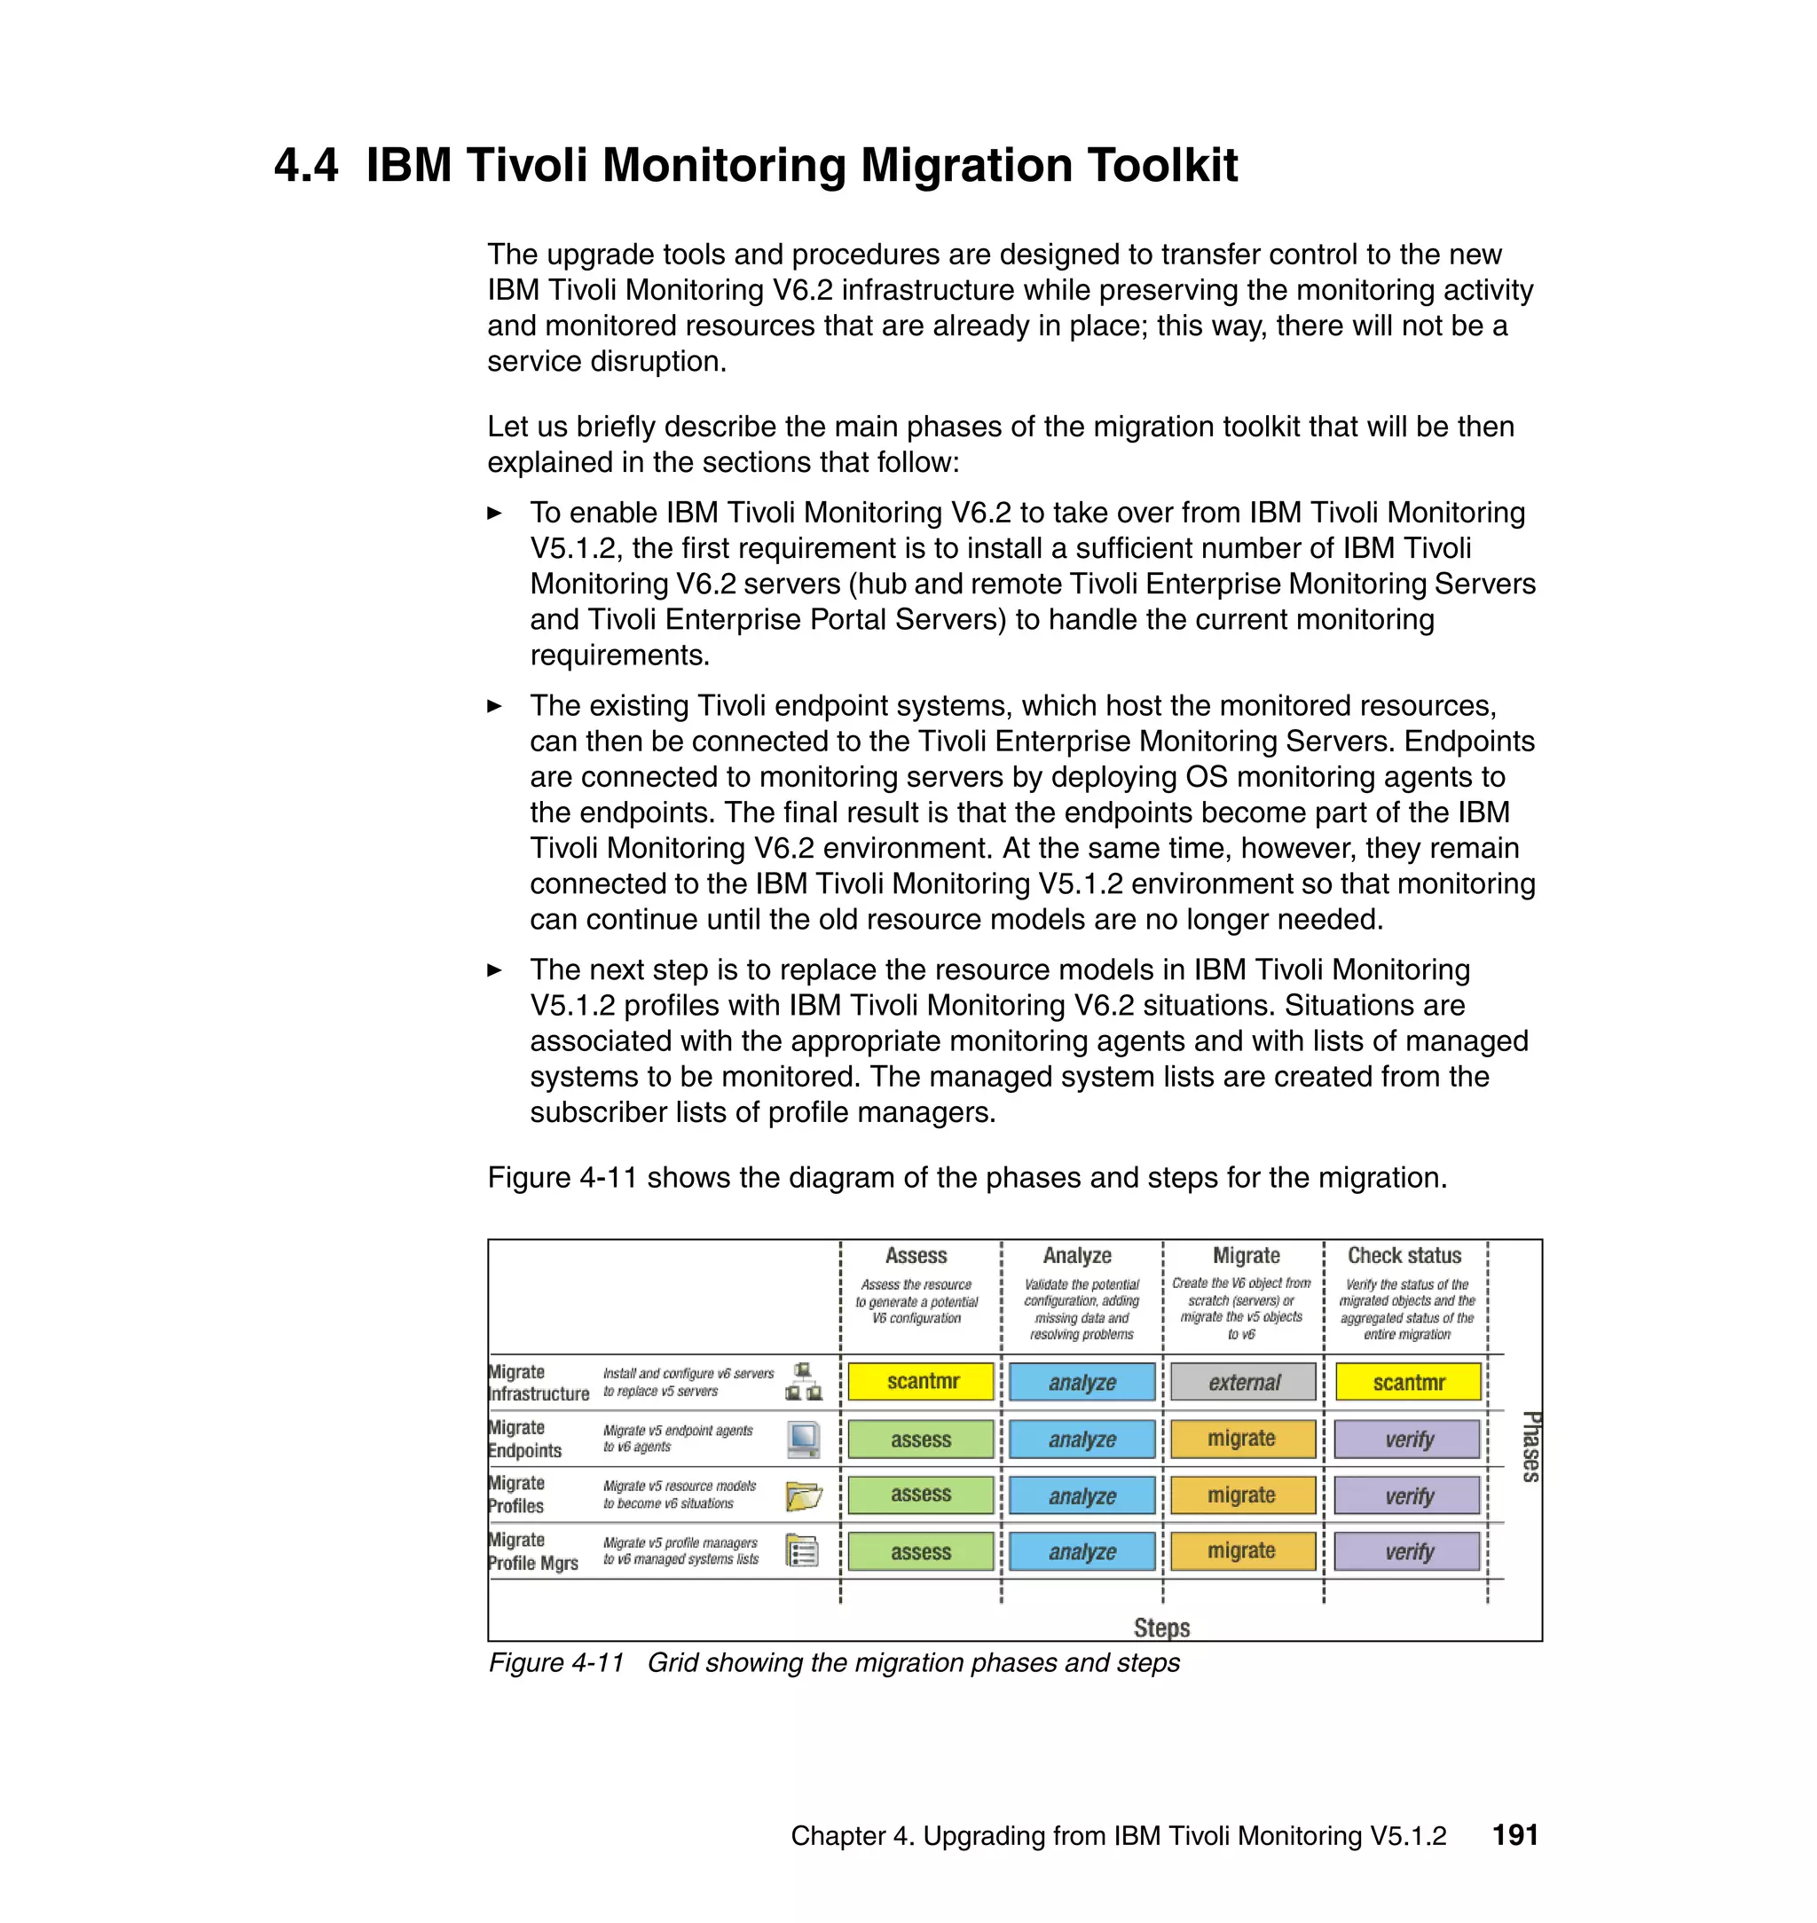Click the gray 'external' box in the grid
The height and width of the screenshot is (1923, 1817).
click(x=1243, y=1382)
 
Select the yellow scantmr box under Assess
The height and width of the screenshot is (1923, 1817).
click(x=921, y=1382)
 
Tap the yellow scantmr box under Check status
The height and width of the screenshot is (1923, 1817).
click(x=1407, y=1382)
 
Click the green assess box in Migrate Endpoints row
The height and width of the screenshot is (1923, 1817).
click(x=920, y=1439)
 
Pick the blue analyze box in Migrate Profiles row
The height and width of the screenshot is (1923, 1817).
click(x=1082, y=1495)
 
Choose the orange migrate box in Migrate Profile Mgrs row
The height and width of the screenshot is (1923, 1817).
click(x=1243, y=1550)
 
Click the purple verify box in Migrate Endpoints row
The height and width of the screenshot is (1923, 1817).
click(x=1407, y=1439)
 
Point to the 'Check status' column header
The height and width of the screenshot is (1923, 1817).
click(x=1404, y=1255)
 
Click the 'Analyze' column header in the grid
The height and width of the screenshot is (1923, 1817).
click(x=1077, y=1255)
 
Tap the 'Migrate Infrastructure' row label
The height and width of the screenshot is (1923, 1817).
click(x=538, y=1383)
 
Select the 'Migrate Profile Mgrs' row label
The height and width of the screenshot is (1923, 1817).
click(x=531, y=1551)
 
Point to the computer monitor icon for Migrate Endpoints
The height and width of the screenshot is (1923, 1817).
click(x=803, y=1439)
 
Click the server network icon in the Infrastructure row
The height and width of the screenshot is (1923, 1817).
click(x=803, y=1382)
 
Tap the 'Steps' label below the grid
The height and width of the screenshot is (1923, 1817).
click(x=1161, y=1627)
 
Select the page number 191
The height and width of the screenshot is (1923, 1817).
click(x=1514, y=1835)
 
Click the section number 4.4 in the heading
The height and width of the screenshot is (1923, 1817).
click(x=306, y=165)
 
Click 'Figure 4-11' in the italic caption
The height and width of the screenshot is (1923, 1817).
click(x=556, y=1662)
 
